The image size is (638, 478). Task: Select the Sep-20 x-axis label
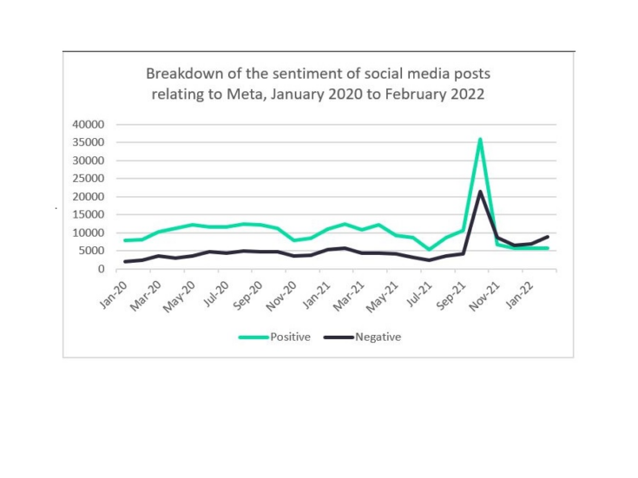pyautogui.click(x=250, y=288)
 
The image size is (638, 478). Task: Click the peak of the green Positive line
pyautogui.click(x=480, y=139)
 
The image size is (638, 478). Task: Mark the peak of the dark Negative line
pyautogui.click(x=480, y=192)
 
